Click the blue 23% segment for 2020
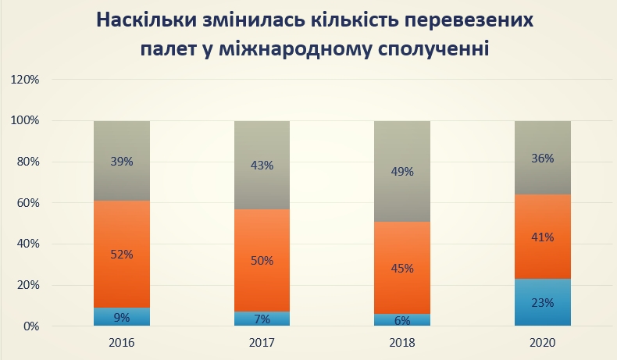543,302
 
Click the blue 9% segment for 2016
121,317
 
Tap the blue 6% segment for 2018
402,320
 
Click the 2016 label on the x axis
121,343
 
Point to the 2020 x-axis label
543,343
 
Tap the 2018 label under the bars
402,343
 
